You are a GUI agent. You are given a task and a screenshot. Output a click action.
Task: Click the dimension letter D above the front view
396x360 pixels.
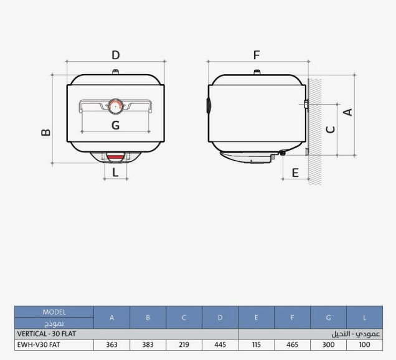click(115, 55)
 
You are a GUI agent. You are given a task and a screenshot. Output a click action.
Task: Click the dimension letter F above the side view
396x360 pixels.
click(257, 55)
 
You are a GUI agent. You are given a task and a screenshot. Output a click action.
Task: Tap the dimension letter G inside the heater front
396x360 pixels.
click(115, 125)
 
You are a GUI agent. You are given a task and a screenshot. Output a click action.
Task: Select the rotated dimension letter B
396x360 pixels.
click(46, 133)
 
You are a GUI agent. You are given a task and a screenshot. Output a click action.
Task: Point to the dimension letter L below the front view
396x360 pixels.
click(115, 173)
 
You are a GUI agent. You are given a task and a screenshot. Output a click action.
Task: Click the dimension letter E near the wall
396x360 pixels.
click(295, 173)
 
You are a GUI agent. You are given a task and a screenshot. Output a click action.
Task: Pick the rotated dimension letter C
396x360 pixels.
click(331, 130)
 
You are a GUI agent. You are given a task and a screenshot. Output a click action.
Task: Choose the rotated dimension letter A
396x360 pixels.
click(348, 112)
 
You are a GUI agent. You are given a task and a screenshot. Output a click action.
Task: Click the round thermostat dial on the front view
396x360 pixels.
click(116, 107)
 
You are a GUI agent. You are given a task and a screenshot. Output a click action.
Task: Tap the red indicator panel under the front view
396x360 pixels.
click(115, 158)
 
